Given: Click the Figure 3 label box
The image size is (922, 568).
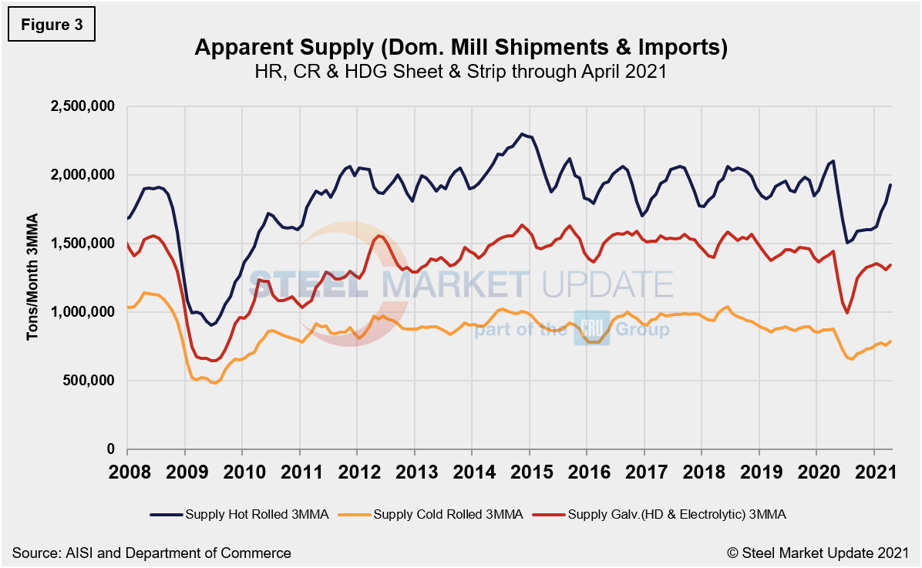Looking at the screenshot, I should click(x=50, y=25).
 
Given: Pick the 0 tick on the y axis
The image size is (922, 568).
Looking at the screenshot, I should click(x=111, y=449).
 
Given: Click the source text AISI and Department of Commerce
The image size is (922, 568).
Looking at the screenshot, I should click(x=152, y=553).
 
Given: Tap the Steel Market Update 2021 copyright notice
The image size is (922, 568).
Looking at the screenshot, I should click(x=816, y=553).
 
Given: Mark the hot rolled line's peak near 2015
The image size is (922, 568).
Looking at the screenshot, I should click(x=522, y=134).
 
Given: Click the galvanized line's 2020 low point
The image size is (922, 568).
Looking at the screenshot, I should click(x=847, y=313).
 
